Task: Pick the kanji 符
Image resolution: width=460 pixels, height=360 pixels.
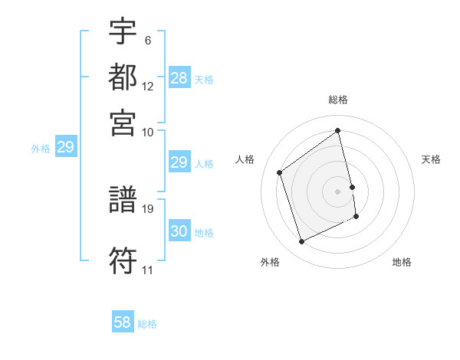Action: tap(123, 262)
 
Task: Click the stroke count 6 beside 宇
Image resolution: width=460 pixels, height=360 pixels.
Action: tap(147, 39)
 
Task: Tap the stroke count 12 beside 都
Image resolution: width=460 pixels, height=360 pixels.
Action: tap(148, 86)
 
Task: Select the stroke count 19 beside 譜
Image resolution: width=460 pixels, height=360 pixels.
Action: tap(148, 208)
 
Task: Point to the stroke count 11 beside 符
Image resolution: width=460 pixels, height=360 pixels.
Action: tap(147, 270)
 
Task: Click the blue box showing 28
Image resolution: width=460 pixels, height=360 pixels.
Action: tap(179, 78)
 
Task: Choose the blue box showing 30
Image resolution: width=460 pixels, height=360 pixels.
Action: tap(179, 231)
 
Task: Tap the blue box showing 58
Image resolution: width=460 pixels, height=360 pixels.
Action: tap(123, 322)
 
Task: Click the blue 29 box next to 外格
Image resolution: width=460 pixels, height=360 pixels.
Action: tap(65, 148)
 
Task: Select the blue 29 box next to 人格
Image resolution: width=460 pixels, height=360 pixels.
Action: tap(179, 162)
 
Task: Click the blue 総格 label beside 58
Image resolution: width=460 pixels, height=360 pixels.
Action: tap(147, 324)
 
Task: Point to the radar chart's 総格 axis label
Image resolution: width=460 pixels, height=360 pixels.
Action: tap(338, 100)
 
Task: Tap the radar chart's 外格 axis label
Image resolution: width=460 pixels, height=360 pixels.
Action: tap(269, 262)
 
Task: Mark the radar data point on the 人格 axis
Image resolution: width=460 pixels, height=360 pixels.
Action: tap(280, 172)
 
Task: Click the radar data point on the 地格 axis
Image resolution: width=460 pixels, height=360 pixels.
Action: tap(356, 217)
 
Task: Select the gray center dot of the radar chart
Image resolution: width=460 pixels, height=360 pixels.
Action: tap(338, 191)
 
